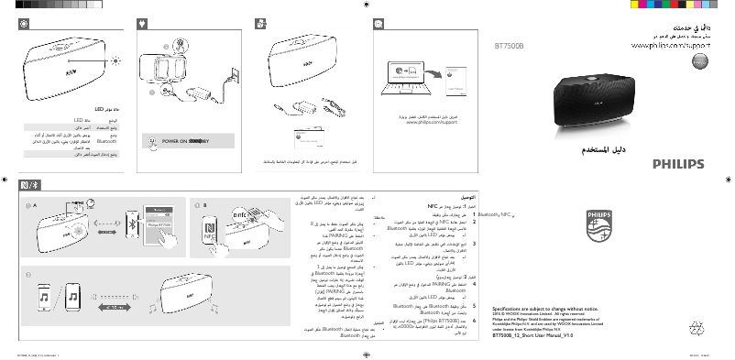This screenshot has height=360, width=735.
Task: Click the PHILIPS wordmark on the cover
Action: (x=653, y=165)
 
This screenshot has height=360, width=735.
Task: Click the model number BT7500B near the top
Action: (x=509, y=43)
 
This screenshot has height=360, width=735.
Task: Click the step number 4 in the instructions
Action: (x=473, y=285)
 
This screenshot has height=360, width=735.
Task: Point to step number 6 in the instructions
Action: (x=473, y=322)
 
